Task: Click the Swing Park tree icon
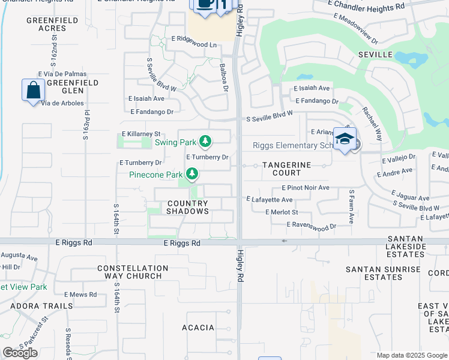click(x=206, y=142)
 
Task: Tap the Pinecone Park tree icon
click(x=192, y=175)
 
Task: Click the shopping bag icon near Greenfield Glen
click(x=33, y=91)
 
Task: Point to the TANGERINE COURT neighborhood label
click(x=286, y=169)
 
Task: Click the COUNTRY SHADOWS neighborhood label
click(x=187, y=207)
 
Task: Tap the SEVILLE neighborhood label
click(x=376, y=55)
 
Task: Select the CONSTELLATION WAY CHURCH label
click(x=133, y=272)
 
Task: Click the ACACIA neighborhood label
click(x=198, y=327)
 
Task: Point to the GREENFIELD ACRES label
click(x=45, y=24)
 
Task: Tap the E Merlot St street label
click(x=282, y=212)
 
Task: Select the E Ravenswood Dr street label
click(x=311, y=225)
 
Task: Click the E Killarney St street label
click(x=142, y=134)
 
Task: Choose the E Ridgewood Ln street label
click(x=194, y=44)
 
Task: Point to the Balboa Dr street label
click(x=223, y=79)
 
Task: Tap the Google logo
click(x=20, y=353)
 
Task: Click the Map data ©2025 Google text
click(x=411, y=355)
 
